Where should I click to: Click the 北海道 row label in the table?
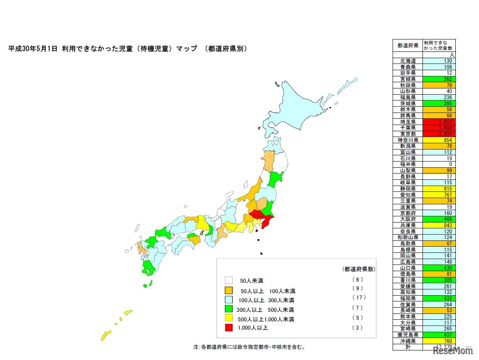pos(407,61)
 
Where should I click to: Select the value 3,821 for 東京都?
pos(439,134)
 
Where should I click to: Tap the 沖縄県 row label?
pos(407,340)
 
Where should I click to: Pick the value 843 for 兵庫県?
pos(439,225)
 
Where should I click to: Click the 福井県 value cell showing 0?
pos(439,164)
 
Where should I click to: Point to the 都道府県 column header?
pos(407,45)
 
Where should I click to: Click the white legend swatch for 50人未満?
pos(229,280)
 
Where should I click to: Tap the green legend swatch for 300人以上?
pos(229,309)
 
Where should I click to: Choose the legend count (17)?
pos(357,298)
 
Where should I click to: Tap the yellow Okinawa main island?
pos(106,335)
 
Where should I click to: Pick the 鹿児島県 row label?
pos(407,334)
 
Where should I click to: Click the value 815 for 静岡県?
pos(439,189)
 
